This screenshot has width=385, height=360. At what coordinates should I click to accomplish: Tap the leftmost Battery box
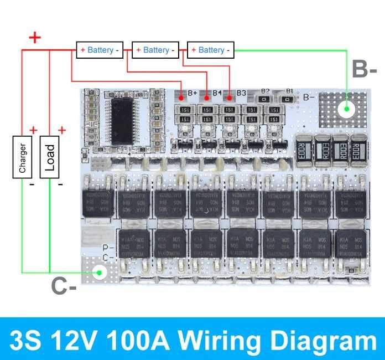tap(100, 50)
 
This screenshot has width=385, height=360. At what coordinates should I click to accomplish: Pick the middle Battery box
tap(155, 50)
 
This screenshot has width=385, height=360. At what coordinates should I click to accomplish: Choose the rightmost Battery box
tap(211, 50)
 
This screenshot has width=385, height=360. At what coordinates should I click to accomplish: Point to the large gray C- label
tap(64, 286)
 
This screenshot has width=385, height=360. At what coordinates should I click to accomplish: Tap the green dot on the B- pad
tap(347, 109)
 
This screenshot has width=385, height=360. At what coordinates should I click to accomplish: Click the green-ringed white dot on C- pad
tap(100, 272)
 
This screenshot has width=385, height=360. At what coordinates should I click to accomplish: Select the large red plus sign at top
tap(35, 38)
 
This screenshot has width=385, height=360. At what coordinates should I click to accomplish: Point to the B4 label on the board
tap(217, 93)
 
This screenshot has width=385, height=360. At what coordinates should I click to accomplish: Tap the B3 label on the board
tap(241, 93)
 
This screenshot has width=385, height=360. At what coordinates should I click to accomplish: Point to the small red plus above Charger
tap(34, 130)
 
